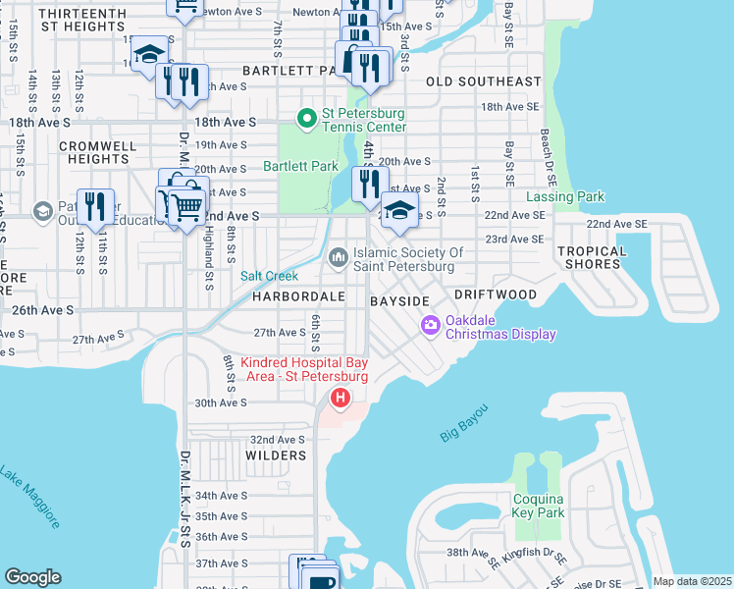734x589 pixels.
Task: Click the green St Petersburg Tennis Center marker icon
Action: pyautogui.click(x=307, y=119)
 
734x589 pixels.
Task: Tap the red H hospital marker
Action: pyautogui.click(x=340, y=399)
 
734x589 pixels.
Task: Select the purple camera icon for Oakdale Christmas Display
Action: pyautogui.click(x=430, y=326)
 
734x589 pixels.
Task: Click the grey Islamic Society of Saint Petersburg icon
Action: pyautogui.click(x=339, y=257)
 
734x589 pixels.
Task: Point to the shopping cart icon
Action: pyautogui.click(x=185, y=205)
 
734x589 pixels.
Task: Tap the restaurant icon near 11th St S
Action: pyautogui.click(x=95, y=206)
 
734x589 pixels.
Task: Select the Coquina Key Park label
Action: pyautogui.click(x=539, y=506)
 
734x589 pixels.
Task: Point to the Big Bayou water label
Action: pyautogui.click(x=464, y=422)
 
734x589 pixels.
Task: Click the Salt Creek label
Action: pyautogui.click(x=269, y=276)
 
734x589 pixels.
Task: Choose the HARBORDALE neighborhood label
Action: pyautogui.click(x=298, y=295)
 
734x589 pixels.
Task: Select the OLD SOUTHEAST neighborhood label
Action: pyautogui.click(x=484, y=81)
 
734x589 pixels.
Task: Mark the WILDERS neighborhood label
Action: pyautogui.click(x=278, y=455)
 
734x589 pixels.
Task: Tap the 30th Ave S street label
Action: pyautogui.click(x=220, y=402)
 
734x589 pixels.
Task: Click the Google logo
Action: pyautogui.click(x=32, y=577)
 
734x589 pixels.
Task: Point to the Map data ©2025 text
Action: pyautogui.click(x=691, y=581)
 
